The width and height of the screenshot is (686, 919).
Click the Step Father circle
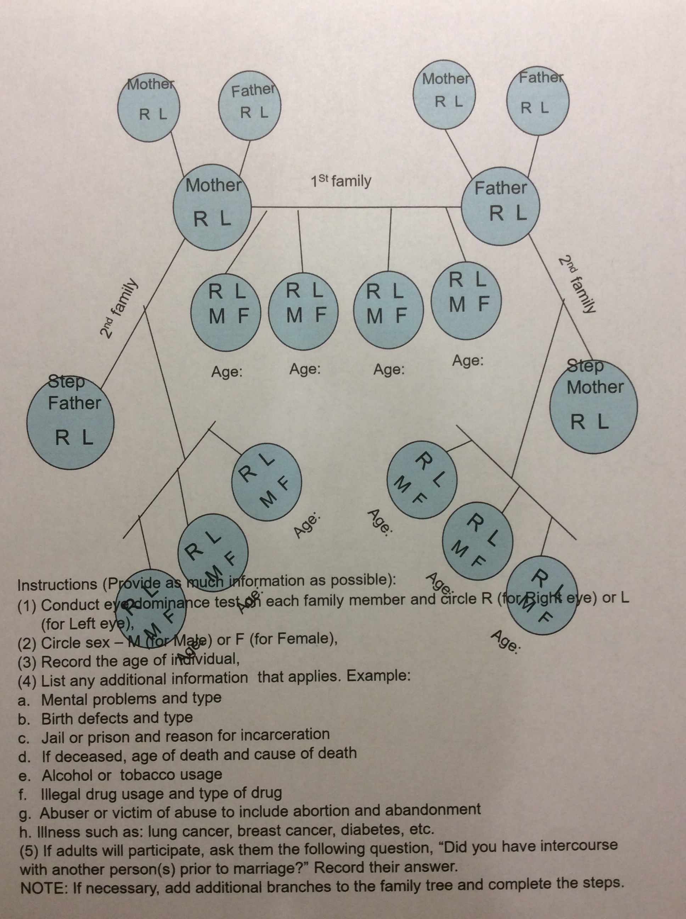[70, 424]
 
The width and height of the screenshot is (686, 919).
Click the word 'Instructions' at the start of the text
[57, 585]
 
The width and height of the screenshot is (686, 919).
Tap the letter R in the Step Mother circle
[578, 423]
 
